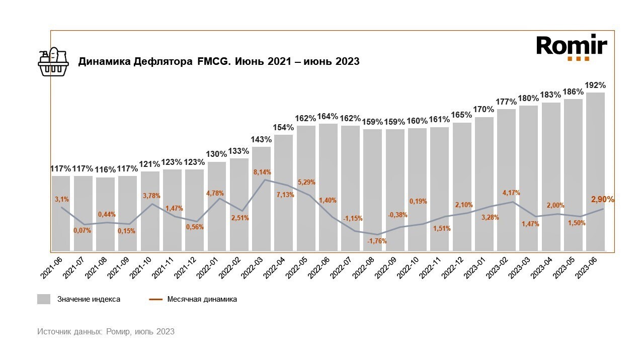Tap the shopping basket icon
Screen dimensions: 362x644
(x=53, y=62)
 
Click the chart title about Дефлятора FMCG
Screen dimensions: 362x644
(x=218, y=62)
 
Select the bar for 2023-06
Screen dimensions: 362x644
(x=595, y=171)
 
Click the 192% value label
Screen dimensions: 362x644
(x=595, y=85)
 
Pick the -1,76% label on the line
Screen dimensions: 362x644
(x=377, y=241)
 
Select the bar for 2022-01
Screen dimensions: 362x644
(x=217, y=206)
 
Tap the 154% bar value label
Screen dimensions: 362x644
(x=283, y=127)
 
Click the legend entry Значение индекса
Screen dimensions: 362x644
(x=78, y=299)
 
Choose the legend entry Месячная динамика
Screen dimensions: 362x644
(x=193, y=299)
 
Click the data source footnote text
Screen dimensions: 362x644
(x=106, y=331)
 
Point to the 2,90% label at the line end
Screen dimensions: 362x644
(x=602, y=199)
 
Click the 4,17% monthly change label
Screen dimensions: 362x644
(x=511, y=193)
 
